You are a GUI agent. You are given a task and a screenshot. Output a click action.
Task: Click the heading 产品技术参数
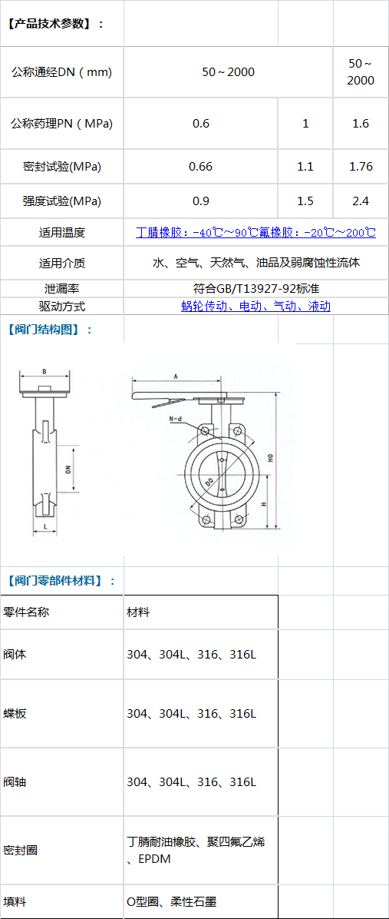pyautogui.click(x=56, y=24)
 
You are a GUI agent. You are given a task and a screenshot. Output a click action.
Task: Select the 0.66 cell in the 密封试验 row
pyautogui.click(x=201, y=167)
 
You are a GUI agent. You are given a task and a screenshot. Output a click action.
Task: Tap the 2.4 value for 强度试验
pyautogui.click(x=361, y=201)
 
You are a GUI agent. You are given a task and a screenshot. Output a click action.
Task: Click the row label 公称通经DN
pyautogui.click(x=61, y=72)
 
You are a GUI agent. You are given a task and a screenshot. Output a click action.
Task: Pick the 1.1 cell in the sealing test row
pyautogui.click(x=305, y=167)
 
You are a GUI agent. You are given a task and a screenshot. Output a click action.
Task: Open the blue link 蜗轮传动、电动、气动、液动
pyautogui.click(x=256, y=306)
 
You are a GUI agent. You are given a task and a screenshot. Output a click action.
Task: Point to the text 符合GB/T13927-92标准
pyautogui.click(x=255, y=288)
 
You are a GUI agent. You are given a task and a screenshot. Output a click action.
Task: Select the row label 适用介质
pyautogui.click(x=61, y=263)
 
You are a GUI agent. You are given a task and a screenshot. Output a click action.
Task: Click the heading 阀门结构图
pyautogui.click(x=50, y=329)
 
